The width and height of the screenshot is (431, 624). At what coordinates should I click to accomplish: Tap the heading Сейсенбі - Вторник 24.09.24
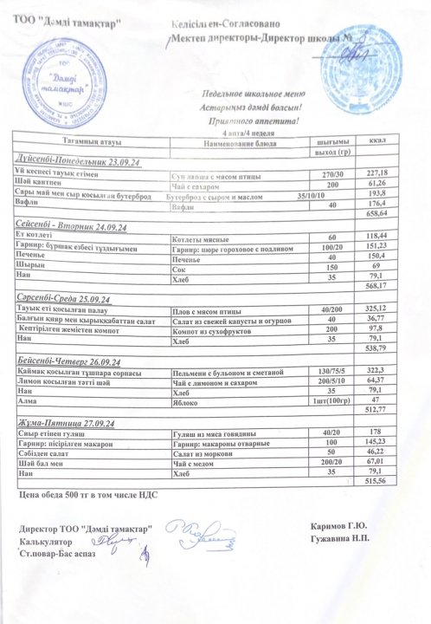[x=72, y=227]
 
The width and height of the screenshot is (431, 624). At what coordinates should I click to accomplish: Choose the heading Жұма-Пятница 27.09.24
[x=68, y=422]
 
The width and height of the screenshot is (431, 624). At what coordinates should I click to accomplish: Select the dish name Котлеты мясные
[x=201, y=237]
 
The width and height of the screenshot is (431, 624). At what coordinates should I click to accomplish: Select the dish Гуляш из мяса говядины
[x=212, y=433]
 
